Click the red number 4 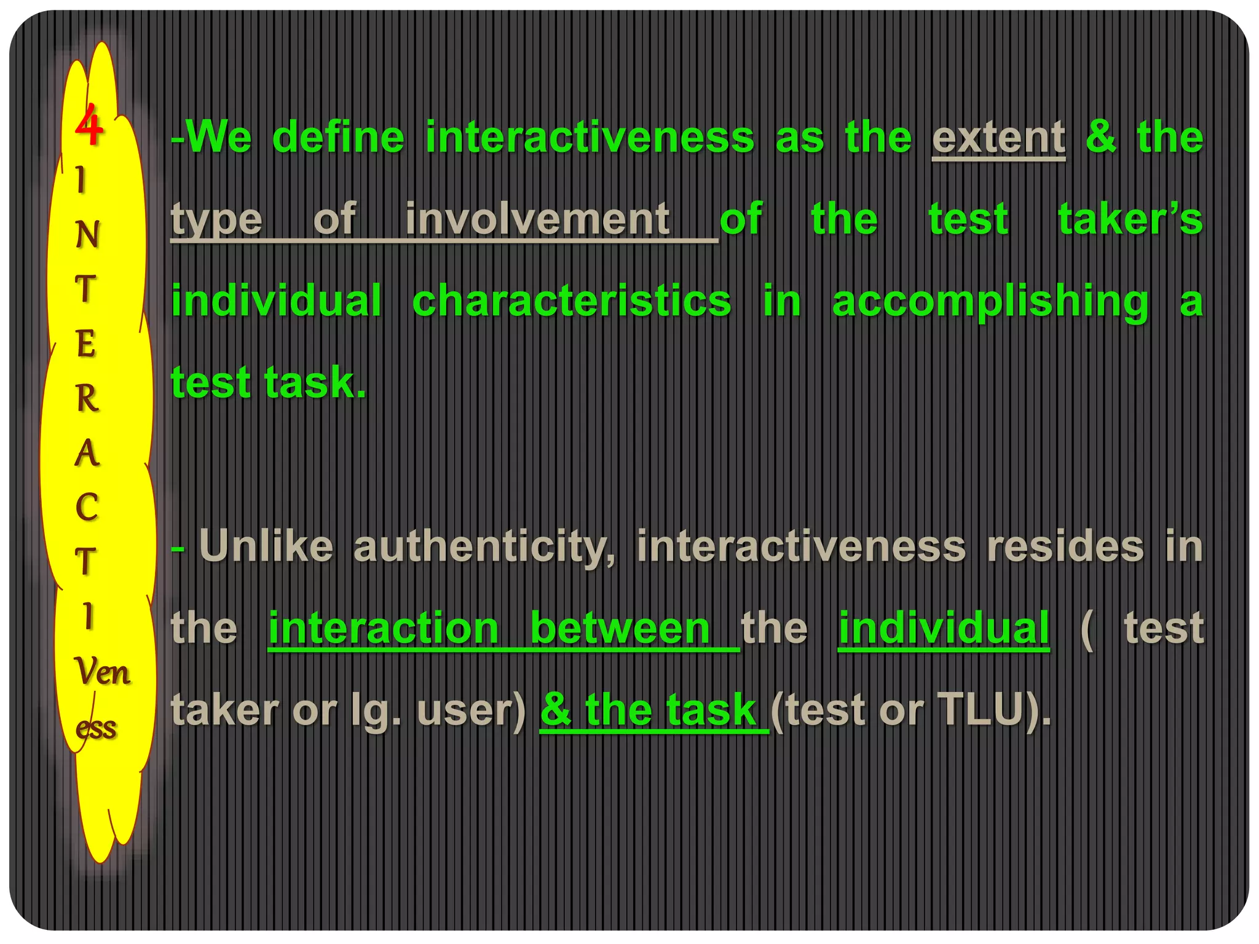pyautogui.click(x=89, y=125)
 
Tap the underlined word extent pyautogui.click(x=998, y=138)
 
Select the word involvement pyautogui.click(x=537, y=219)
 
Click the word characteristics pyautogui.click(x=572, y=301)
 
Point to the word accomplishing pyautogui.click(x=990, y=301)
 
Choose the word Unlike pyautogui.click(x=266, y=546)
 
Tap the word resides pyautogui.click(x=1065, y=546)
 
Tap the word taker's pyautogui.click(x=1130, y=219)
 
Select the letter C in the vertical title pyautogui.click(x=87, y=507)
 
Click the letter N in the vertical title pyautogui.click(x=87, y=234)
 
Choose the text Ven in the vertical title pyautogui.click(x=101, y=671)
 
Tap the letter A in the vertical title pyautogui.click(x=87, y=453)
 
